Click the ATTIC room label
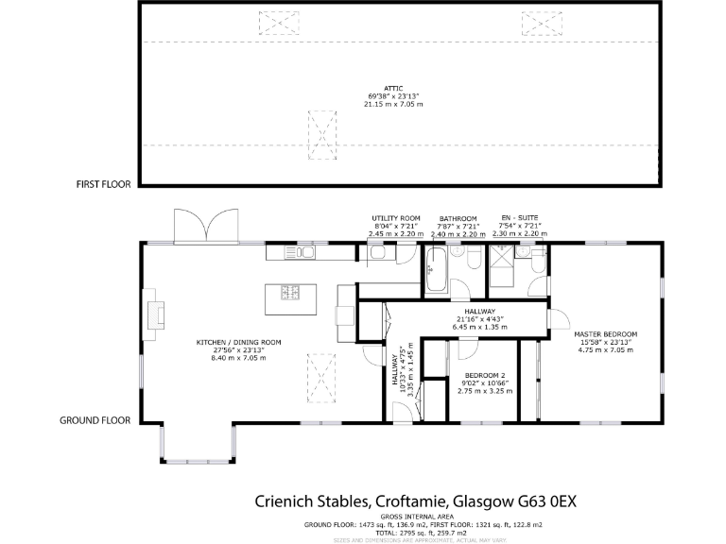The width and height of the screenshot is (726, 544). tap(393, 88)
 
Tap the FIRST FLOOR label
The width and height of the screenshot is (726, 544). tap(103, 185)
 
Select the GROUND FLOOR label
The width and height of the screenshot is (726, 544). tap(95, 420)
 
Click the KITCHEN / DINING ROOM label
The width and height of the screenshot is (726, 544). tap(238, 342)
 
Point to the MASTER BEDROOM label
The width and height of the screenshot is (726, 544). tap(605, 333)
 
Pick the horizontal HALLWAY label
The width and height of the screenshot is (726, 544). tap(480, 312)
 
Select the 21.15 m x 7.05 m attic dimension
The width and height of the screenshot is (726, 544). tap(393, 104)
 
